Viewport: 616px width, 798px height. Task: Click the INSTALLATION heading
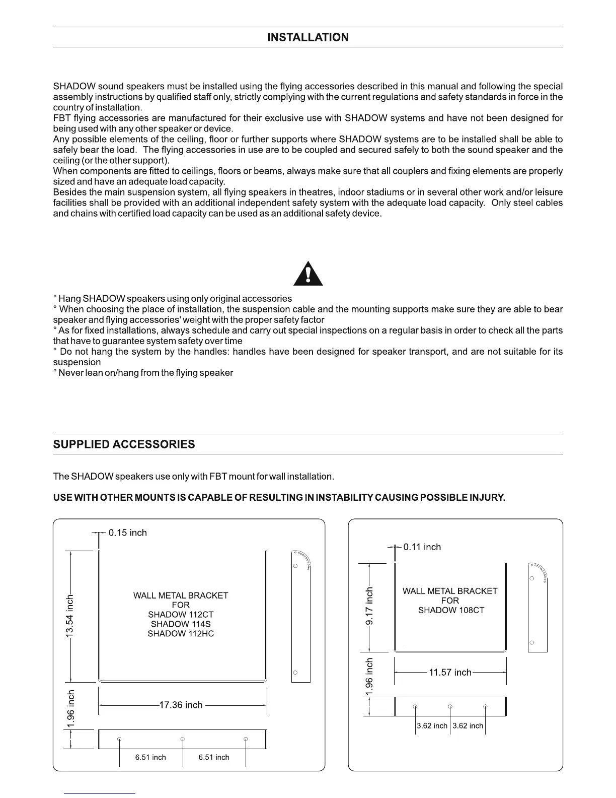[x=307, y=37]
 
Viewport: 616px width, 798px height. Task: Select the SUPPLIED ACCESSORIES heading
[x=124, y=444]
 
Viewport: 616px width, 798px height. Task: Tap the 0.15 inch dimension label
[x=128, y=533]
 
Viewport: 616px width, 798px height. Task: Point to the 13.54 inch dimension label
[x=70, y=616]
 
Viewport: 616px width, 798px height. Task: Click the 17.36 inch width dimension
[x=181, y=705]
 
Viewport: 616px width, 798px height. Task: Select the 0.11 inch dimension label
[x=422, y=547]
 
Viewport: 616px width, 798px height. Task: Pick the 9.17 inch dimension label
[x=370, y=606]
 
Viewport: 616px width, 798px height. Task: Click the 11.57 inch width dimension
[x=450, y=672]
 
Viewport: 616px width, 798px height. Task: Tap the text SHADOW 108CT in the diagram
[x=451, y=610]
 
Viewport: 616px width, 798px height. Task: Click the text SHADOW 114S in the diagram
[x=181, y=624]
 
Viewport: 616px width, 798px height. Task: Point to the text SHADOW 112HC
[x=181, y=633]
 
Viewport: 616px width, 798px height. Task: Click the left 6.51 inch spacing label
[x=150, y=757]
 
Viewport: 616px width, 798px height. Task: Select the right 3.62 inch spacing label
[x=468, y=726]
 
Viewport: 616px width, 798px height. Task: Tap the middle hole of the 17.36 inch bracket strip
[x=183, y=739]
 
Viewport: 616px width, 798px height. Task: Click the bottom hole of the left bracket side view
[x=295, y=673]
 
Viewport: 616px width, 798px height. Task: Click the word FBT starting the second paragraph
[x=62, y=118]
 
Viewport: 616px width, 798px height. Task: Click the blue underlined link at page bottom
[x=100, y=793]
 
